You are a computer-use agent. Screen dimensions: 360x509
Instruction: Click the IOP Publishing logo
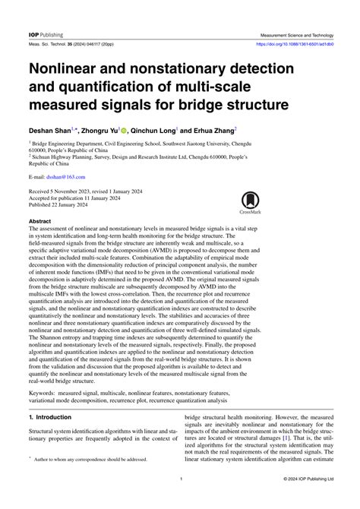coord(46,35)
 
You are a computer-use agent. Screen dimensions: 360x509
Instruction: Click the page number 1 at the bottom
coord(180,500)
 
